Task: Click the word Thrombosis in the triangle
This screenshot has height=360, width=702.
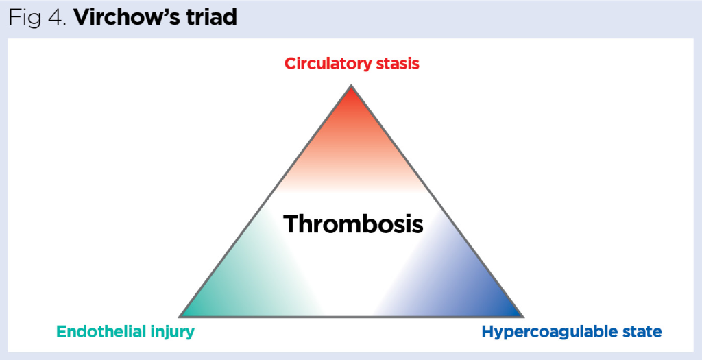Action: pyautogui.click(x=353, y=224)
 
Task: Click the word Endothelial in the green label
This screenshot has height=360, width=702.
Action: pyautogui.click(x=99, y=332)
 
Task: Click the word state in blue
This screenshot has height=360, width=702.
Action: pyautogui.click(x=641, y=333)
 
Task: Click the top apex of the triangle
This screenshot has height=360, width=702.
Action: pyautogui.click(x=351, y=87)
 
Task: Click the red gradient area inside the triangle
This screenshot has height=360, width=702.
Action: pyautogui.click(x=351, y=130)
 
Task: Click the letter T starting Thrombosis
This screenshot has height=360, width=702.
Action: pyautogui.click(x=291, y=224)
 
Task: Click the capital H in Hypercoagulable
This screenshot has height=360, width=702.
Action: pyautogui.click(x=487, y=332)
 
